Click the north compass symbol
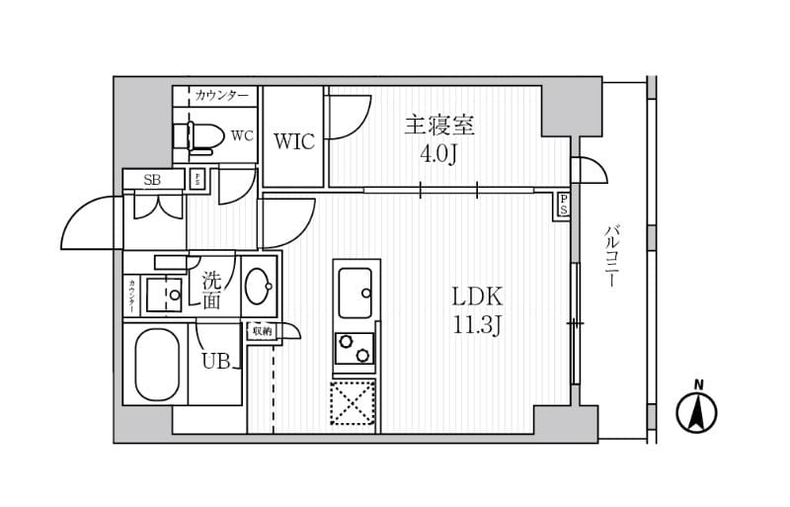(x=697, y=410)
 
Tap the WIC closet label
(x=294, y=141)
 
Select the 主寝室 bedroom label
(x=439, y=127)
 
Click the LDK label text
(x=478, y=296)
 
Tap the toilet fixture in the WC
(x=198, y=136)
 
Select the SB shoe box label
(x=152, y=180)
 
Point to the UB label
(x=216, y=362)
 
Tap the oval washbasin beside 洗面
(x=261, y=288)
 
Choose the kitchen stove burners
(x=355, y=349)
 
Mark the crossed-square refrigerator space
(x=353, y=402)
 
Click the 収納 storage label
(x=261, y=332)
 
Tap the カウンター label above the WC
(x=222, y=96)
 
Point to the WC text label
(x=242, y=135)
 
